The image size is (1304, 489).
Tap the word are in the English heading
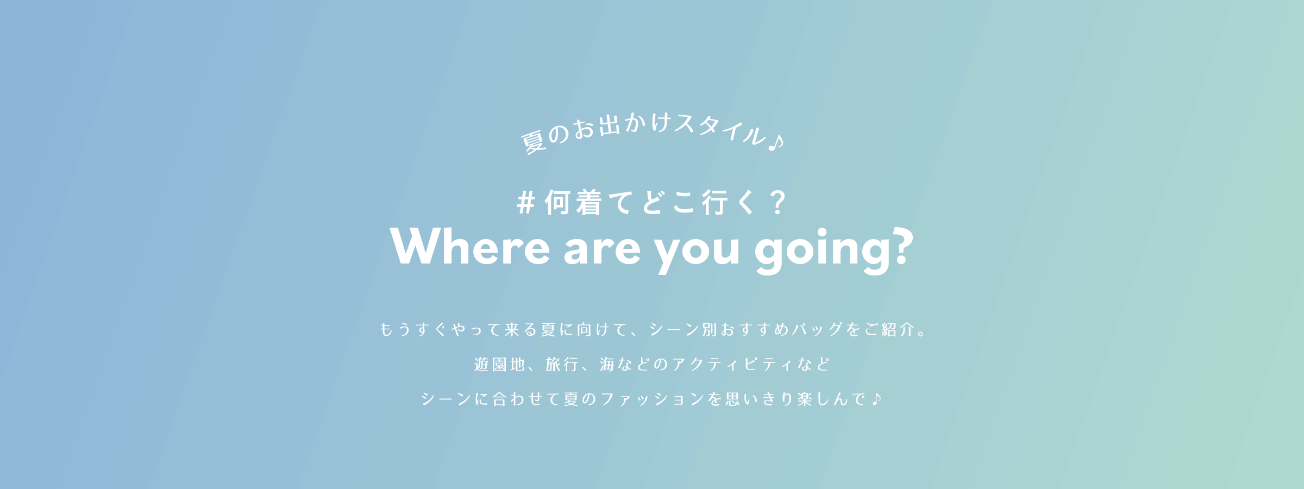pos(602,250)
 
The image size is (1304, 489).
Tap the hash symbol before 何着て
pos(526,203)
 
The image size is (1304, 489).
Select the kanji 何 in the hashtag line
pos(557,203)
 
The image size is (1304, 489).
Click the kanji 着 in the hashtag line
pos(589,203)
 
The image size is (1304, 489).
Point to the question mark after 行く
pos(779,203)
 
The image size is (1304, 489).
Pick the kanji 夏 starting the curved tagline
pos(534,142)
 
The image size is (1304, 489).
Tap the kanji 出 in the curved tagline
pos(610,126)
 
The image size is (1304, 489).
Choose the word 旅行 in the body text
pos(562,364)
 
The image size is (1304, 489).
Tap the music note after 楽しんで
pos(876,399)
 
